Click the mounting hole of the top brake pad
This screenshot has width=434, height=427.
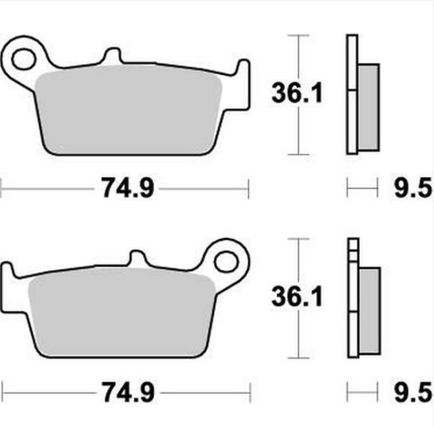tap(24, 59)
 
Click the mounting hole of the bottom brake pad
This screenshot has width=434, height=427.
tap(226, 261)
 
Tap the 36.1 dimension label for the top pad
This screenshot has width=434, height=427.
tap(297, 93)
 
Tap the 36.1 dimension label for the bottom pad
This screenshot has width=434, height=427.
tap(297, 297)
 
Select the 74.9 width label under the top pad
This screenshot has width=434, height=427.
tap(128, 188)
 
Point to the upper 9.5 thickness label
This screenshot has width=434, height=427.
tap(413, 189)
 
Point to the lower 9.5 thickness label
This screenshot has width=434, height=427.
tap(413, 392)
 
